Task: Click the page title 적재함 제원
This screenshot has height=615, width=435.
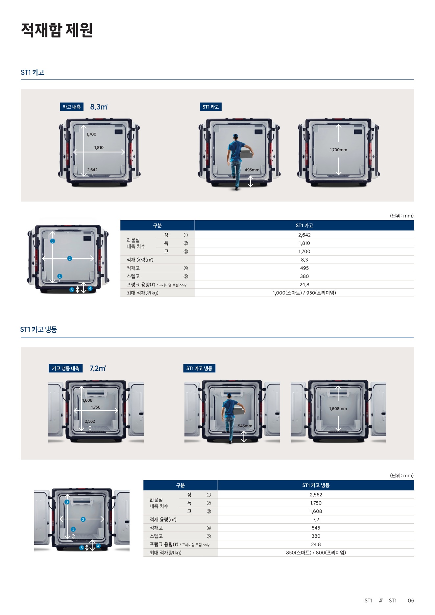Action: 57,30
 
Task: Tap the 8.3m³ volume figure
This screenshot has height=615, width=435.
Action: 99,107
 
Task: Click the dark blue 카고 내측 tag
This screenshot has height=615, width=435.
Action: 72,107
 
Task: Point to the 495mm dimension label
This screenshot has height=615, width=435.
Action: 252,170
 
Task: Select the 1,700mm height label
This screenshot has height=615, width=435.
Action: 338,150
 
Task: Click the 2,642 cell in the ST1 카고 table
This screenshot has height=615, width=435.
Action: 304,235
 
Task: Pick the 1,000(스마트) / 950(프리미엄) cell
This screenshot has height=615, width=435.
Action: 304,293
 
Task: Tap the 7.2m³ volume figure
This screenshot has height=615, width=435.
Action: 97,368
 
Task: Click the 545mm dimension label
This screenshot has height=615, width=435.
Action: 245,426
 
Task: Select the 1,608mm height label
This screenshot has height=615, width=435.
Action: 338,409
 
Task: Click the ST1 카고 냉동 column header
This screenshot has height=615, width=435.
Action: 316,485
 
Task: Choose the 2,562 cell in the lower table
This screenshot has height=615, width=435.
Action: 316,495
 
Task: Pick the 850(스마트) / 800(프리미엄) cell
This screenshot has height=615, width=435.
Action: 316,553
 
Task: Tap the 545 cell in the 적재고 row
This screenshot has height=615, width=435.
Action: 316,528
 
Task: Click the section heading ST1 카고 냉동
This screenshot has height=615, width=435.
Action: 38,329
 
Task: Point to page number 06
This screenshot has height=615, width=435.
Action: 411,601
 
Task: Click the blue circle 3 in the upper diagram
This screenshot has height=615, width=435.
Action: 53,241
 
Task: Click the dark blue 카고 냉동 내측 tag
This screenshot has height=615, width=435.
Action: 66,368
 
